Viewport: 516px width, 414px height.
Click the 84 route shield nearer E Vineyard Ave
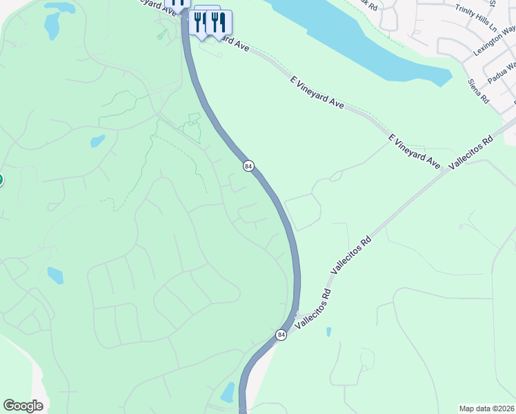249,166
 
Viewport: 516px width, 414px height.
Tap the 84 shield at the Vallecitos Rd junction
281,335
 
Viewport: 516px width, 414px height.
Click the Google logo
23,405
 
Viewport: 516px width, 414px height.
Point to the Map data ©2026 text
486,408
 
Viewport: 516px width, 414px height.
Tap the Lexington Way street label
495,41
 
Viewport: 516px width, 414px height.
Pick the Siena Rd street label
477,90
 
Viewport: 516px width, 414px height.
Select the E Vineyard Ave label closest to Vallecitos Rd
414,152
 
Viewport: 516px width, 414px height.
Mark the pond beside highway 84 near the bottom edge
227,392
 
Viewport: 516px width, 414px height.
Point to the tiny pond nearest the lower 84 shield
328,332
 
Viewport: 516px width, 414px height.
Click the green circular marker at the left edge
1,180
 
